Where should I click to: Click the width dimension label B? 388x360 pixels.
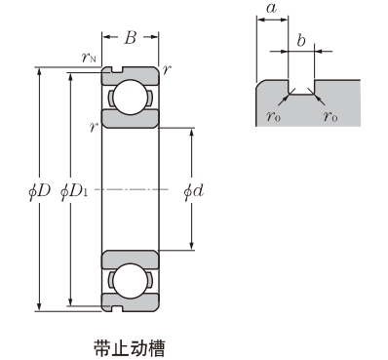130,38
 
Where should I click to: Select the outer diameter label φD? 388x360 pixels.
40,191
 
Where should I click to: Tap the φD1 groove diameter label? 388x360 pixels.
74,191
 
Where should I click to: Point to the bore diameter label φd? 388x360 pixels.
194,191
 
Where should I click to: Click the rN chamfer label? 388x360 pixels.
89,58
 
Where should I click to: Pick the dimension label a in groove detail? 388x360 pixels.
271,9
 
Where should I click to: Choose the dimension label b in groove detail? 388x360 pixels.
301,41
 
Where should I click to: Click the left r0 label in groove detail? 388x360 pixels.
273,115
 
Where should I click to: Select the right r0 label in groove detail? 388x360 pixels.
330,115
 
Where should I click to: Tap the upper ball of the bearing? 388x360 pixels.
130,97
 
